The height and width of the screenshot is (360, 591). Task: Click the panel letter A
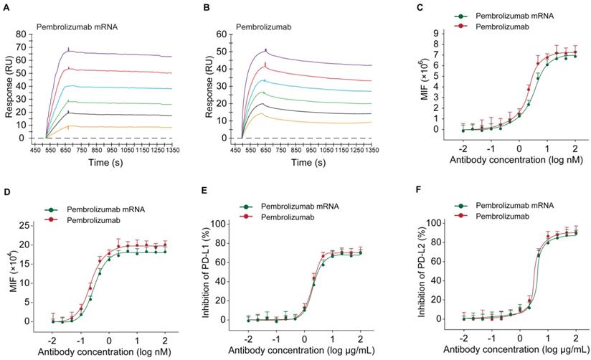[x=6, y=7]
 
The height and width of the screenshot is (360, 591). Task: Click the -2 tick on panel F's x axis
[x=464, y=338]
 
